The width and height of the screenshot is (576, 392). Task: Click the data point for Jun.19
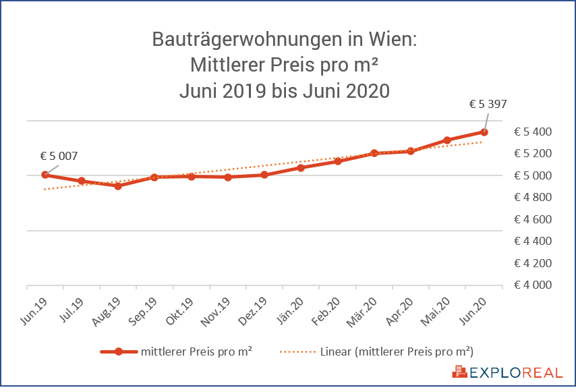pos(45,175)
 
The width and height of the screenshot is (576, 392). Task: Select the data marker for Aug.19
pos(118,186)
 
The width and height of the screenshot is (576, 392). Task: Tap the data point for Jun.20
pos(484,132)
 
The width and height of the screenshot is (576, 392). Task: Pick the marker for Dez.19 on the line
pos(264,175)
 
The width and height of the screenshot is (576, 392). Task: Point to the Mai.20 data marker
pos(447,140)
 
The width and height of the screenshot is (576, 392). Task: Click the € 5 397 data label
pos(487,105)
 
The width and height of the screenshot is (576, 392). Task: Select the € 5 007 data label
pos(59,157)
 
